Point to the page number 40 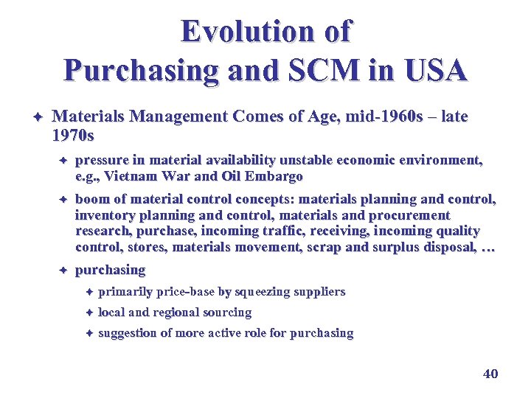pyautogui.click(x=490, y=374)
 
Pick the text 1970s pyautogui.click(x=74, y=136)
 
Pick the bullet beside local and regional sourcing pyautogui.click(x=87, y=313)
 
